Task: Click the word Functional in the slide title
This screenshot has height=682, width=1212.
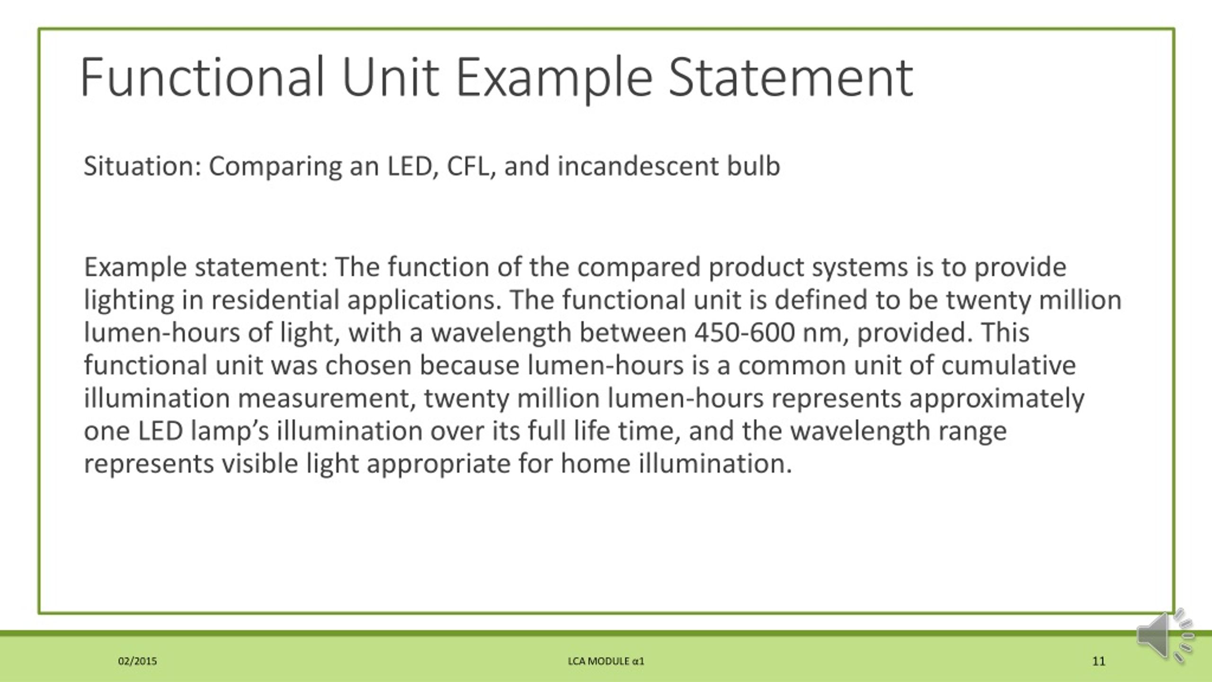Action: [203, 77]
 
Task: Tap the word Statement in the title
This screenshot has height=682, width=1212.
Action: [790, 77]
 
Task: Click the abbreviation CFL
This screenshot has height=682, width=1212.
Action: [468, 166]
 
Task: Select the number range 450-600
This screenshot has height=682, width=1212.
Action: [744, 332]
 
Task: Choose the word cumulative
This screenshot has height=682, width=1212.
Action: [1008, 365]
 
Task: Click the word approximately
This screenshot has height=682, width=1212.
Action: [997, 398]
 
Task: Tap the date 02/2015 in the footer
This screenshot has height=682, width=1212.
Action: [137, 661]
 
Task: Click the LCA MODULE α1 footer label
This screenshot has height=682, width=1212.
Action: [606, 661]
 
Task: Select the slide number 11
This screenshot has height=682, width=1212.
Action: [1099, 661]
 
